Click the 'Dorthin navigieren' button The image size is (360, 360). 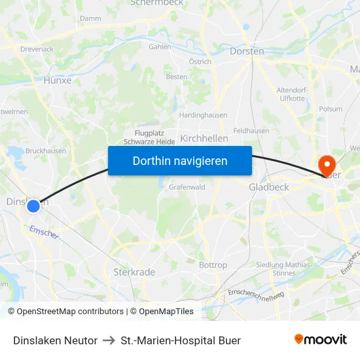click(180, 160)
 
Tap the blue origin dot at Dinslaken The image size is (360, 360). click(33, 206)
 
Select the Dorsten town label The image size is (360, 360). click(247, 51)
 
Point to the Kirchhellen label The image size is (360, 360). click(204, 138)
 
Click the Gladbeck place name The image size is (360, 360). click(269, 187)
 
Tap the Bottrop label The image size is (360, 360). click(213, 265)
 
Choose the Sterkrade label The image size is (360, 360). click(134, 272)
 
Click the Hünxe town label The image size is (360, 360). click(57, 81)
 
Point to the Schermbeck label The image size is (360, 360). click(158, 3)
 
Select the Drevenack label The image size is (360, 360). click(37, 49)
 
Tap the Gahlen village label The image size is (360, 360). click(160, 47)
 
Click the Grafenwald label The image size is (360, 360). click(187, 187)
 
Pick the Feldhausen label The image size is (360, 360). click(251, 131)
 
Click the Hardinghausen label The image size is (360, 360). click(203, 115)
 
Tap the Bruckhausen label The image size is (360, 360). click(46, 151)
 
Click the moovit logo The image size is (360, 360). click(321, 340)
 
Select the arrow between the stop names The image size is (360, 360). click(109, 340)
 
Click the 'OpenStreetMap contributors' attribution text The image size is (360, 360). click(70, 312)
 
